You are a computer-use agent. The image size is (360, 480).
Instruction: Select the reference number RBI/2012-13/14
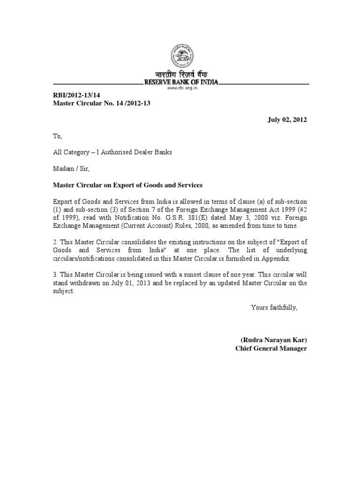[x=77, y=95]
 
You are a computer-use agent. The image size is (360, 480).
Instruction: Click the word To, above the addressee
[x=57, y=136]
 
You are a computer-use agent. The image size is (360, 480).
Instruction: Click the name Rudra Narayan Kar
[x=273, y=340]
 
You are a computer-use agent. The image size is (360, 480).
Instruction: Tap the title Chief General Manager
[x=271, y=349]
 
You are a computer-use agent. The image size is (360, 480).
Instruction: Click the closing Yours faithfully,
[x=274, y=307]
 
